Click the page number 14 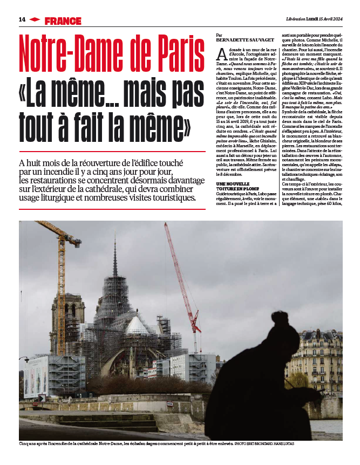coord(22,19)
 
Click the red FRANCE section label coord(63,21)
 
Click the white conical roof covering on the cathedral coord(137,325)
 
